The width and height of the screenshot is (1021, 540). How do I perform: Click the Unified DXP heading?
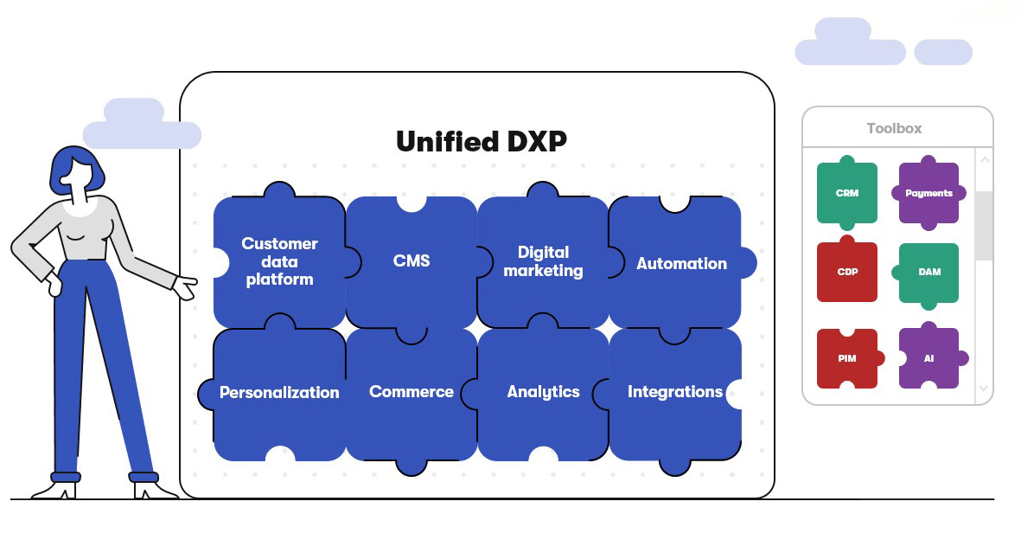482,141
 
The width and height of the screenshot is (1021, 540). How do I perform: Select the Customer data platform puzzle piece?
278,261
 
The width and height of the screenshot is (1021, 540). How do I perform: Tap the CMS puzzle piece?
411,261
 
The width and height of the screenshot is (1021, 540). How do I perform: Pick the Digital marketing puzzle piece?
543,261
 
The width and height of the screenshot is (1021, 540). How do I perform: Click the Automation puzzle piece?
680,264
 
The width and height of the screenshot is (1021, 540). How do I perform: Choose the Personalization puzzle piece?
278,393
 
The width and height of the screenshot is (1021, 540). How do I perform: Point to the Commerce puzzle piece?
411,392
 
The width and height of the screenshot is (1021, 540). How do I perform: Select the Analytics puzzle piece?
543,392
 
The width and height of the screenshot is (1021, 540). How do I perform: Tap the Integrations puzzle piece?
674,392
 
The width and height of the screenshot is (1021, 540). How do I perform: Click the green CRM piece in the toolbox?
847,193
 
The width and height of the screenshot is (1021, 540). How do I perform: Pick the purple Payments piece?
928,193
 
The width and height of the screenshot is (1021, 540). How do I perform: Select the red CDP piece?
847,272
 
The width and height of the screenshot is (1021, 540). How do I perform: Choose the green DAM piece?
928,272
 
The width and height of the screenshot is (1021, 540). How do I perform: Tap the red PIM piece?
847,357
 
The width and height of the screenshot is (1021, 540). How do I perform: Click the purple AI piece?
928,357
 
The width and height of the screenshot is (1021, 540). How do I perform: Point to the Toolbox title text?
894,128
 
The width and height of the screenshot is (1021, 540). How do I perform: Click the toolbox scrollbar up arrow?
984,160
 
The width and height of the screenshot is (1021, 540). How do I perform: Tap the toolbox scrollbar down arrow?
984,389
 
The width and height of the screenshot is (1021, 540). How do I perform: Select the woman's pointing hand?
185,286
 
